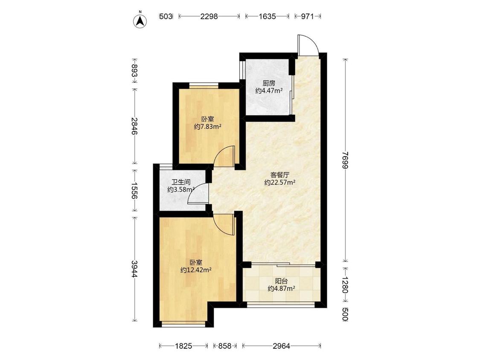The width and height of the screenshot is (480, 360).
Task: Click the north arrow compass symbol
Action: click(x=140, y=20)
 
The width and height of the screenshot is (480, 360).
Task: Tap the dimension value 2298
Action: click(x=209, y=16)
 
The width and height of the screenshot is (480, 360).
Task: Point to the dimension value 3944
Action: click(x=134, y=269)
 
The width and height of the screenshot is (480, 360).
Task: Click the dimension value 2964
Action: click(x=281, y=346)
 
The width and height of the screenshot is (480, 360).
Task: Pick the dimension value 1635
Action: click(x=267, y=16)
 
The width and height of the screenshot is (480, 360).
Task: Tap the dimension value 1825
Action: click(x=183, y=346)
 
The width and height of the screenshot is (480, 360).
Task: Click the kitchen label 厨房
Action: click(x=269, y=83)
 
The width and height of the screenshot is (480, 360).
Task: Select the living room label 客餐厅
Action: click(x=280, y=175)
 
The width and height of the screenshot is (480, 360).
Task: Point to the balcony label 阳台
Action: click(x=281, y=281)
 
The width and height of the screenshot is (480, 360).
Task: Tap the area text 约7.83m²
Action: click(x=208, y=126)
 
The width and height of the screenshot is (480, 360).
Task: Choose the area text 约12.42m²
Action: click(x=196, y=270)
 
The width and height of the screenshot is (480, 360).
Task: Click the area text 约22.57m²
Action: click(x=280, y=183)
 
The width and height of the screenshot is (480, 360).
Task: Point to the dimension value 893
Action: click(x=134, y=71)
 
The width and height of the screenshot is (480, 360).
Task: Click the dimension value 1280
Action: click(x=346, y=285)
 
